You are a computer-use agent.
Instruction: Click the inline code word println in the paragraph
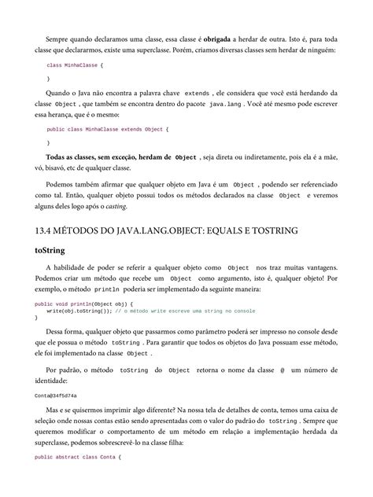tap(105, 289)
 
